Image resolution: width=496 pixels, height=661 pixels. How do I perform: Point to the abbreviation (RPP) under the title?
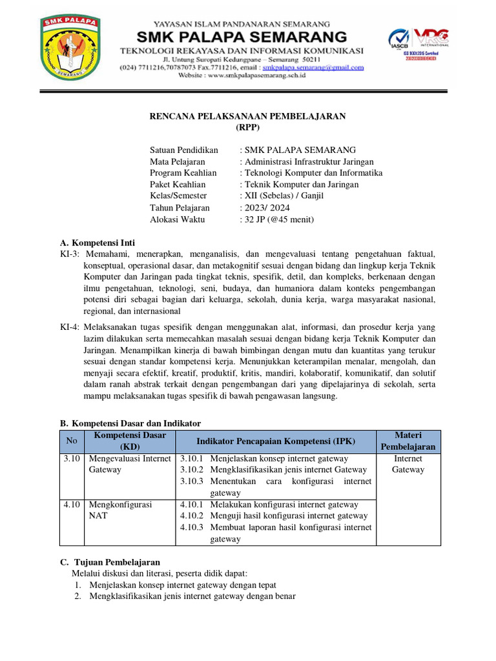point(248,127)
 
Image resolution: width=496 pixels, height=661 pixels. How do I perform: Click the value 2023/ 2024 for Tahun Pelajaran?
point(267,208)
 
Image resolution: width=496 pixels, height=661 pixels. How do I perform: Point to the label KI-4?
point(70,327)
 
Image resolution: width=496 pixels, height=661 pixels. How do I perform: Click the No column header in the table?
point(71,441)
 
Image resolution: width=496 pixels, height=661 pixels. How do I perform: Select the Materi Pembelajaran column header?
point(408,441)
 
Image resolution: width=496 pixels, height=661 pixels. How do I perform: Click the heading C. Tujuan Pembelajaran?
point(110,562)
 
